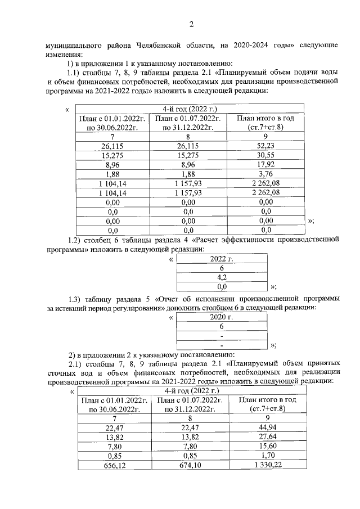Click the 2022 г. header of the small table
221,259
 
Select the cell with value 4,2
221,277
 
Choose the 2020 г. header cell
221,317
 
